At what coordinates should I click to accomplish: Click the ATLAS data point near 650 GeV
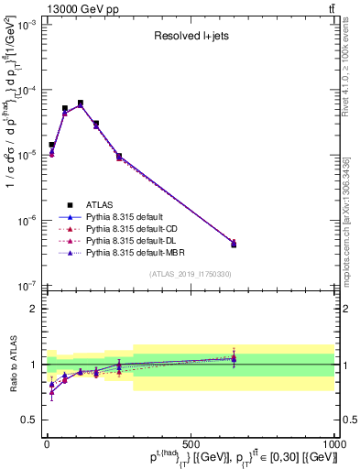coord(234,245)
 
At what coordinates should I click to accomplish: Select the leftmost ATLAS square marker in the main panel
coord(51,145)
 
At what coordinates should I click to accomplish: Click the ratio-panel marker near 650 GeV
coord(234,358)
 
